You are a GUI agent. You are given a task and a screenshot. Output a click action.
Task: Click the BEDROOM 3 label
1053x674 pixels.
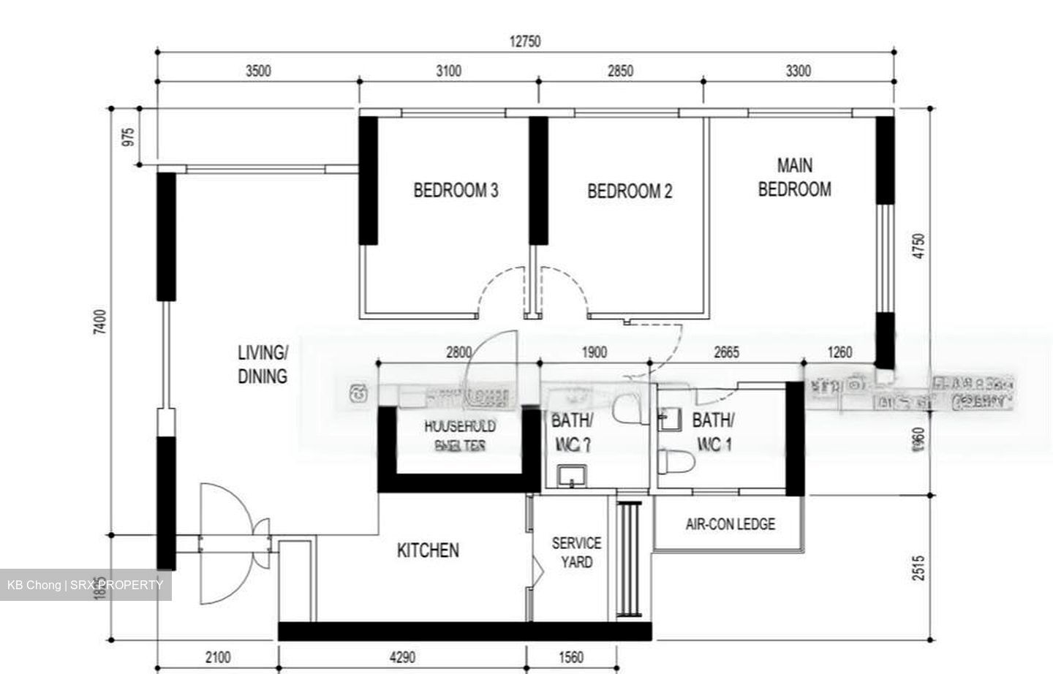456,191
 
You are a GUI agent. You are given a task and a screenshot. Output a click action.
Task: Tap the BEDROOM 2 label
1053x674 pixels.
630,192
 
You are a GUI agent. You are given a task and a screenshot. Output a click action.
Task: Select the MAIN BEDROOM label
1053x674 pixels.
794,178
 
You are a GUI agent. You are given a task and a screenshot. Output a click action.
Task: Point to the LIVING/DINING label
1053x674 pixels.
263,364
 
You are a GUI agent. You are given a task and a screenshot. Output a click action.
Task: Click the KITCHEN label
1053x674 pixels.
428,550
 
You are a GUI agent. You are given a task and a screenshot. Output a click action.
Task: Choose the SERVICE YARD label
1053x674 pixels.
576,553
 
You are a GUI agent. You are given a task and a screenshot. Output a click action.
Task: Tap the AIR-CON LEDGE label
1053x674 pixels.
730,524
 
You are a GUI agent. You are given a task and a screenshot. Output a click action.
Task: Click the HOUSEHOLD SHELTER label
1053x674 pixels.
460,435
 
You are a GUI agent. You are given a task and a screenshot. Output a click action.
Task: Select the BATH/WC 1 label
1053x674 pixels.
713,431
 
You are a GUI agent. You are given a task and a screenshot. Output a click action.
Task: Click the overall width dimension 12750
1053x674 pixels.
525,42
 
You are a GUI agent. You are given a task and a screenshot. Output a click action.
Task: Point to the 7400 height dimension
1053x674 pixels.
100,322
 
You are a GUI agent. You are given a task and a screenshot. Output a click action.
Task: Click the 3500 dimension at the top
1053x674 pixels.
258,71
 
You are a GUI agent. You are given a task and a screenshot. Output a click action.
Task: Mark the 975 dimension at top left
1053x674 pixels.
129,137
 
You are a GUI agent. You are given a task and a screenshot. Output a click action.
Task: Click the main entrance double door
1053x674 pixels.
227,542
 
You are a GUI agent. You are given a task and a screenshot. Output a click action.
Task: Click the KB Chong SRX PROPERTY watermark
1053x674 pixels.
86,585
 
